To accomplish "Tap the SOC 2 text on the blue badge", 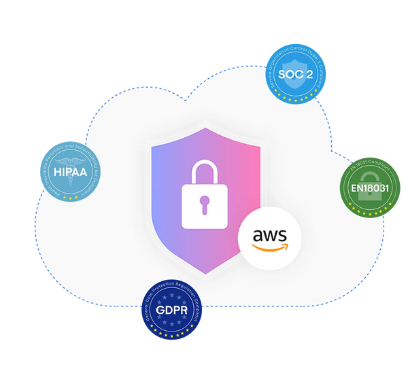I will coord(296,73).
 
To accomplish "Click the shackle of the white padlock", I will coord(203,168).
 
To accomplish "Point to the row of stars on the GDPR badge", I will coord(171,332).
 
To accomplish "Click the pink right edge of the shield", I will coord(257,177).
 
